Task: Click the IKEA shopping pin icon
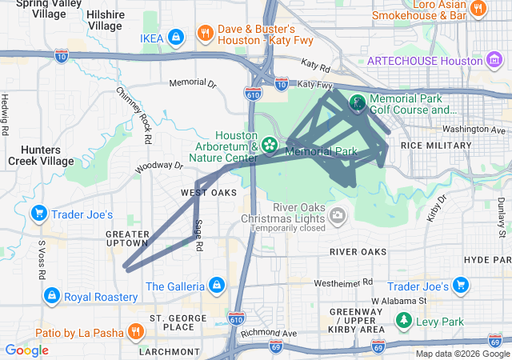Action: pyautogui.click(x=177, y=37)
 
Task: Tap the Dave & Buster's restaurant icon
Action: pyautogui.click(x=206, y=33)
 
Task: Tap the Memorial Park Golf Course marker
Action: pyautogui.click(x=357, y=102)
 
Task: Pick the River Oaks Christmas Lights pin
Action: pyautogui.click(x=338, y=214)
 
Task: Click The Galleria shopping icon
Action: pyautogui.click(x=216, y=285)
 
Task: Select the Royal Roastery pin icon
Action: pyautogui.click(x=52, y=296)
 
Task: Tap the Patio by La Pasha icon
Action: pyautogui.click(x=136, y=332)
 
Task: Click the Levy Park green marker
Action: pyautogui.click(x=405, y=322)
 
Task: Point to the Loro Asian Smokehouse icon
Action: pyautogui.click(x=478, y=9)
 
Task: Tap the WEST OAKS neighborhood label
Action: pyautogui.click(x=209, y=193)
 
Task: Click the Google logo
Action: pyautogui.click(x=26, y=350)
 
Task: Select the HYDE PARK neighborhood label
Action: pyautogui.click(x=486, y=260)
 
